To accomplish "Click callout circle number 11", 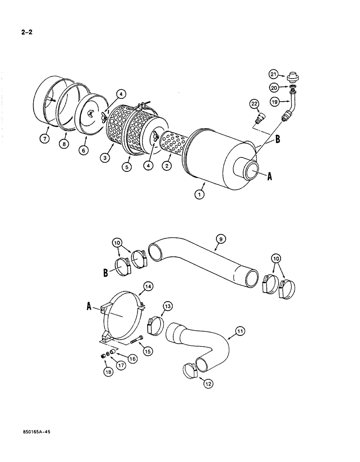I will (241, 331).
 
